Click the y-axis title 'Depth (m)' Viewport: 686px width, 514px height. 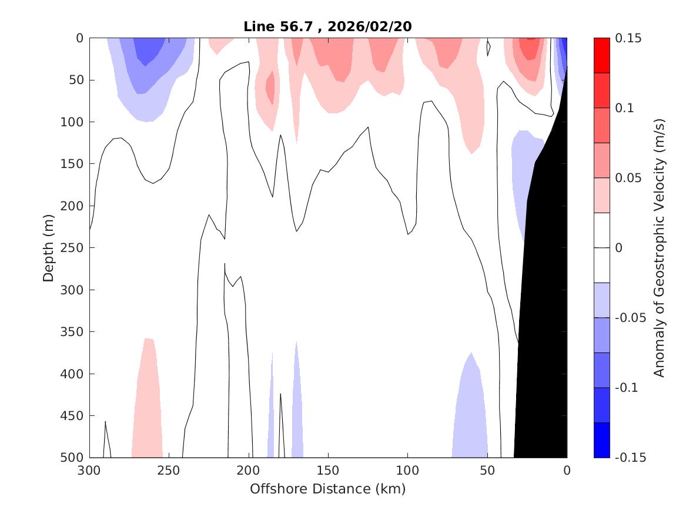[48, 248]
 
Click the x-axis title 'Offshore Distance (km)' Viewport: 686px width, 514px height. [328, 489]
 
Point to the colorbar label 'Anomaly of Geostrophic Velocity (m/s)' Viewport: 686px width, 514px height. [659, 248]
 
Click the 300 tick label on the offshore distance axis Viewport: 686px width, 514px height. [90, 471]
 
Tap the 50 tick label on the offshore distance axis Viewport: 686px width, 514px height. [487, 471]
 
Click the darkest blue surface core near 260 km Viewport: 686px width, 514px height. [148, 50]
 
